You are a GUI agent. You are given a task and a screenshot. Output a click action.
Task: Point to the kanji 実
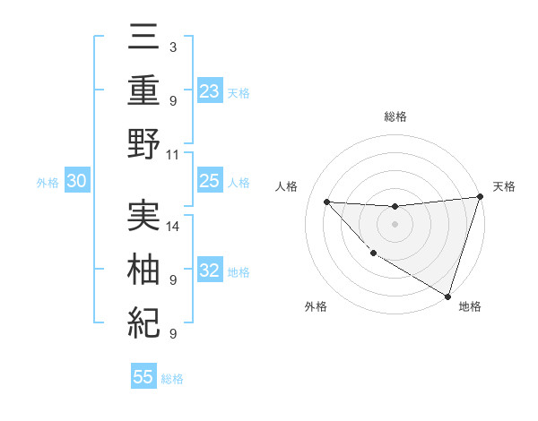tap(144, 215)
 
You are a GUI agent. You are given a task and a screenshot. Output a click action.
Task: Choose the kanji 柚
tap(144, 269)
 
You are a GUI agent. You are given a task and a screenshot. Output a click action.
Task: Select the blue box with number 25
tap(209, 181)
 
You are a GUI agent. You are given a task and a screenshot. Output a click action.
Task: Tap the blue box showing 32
tap(209, 271)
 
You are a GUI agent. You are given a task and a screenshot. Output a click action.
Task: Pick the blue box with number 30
tap(76, 181)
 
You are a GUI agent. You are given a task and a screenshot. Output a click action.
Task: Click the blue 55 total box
tap(143, 377)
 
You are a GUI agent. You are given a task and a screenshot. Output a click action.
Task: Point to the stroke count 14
tap(174, 226)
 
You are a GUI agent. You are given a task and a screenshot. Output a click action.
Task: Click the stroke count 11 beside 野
tap(174, 154)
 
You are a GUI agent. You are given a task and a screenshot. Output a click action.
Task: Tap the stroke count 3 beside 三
tap(172, 46)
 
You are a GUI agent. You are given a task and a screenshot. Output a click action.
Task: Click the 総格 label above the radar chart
tap(395, 116)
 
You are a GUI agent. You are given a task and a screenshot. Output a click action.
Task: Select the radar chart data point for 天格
tap(480, 197)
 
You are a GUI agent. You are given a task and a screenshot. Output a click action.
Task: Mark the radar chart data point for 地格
tap(447, 296)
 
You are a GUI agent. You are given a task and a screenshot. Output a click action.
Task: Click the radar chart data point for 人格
tap(326, 202)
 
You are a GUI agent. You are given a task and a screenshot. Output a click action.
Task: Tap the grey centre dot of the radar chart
tap(395, 224)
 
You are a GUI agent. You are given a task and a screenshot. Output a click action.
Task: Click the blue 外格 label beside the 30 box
tap(48, 182)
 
